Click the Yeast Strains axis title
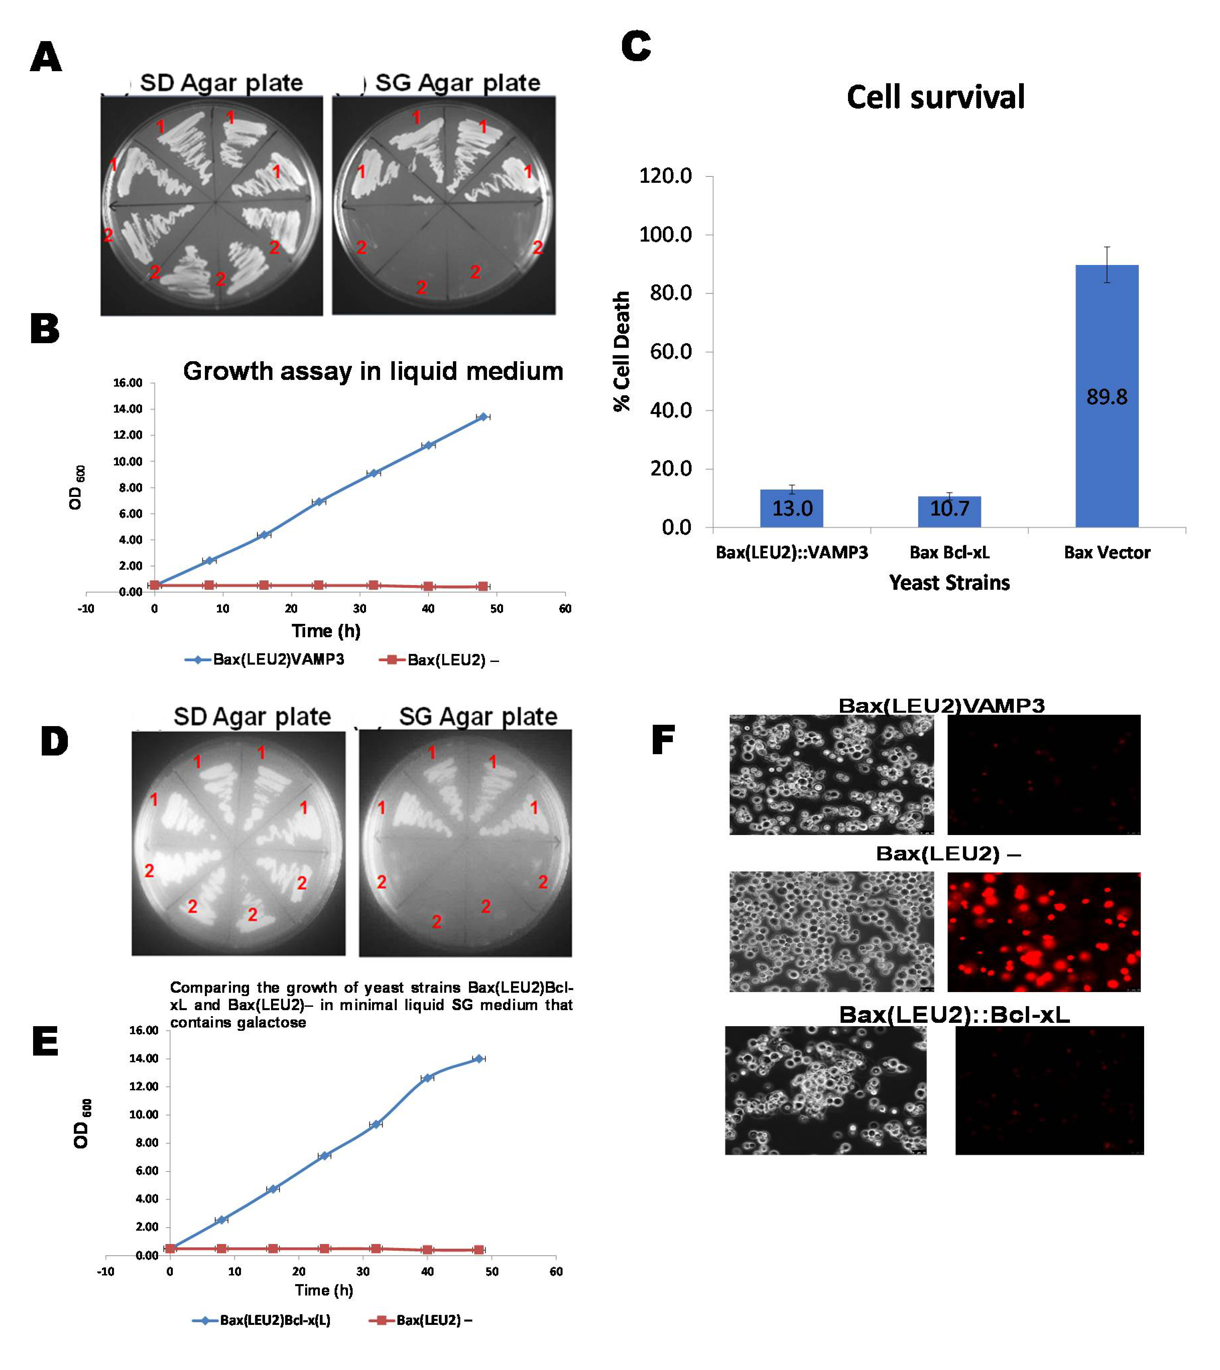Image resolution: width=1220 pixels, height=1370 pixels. pyautogui.click(x=949, y=582)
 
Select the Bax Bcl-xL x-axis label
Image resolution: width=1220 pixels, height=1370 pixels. pyautogui.click(x=949, y=552)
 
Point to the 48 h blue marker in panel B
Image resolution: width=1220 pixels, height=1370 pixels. pyautogui.click(x=483, y=417)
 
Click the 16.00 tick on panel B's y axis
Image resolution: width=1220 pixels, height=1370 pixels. pyautogui.click(x=127, y=383)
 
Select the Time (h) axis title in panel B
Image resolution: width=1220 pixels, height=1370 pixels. pyautogui.click(x=326, y=631)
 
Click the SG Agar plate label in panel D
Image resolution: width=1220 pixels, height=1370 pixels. pyautogui.click(x=478, y=716)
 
